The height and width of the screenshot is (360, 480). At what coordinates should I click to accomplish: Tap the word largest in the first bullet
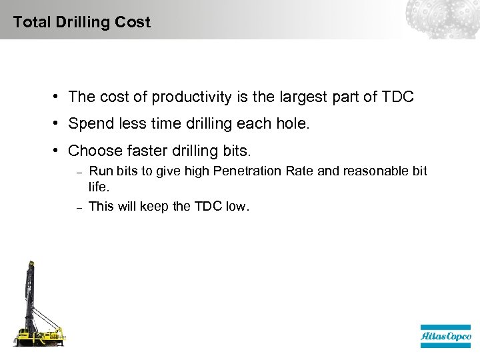[x=302, y=97]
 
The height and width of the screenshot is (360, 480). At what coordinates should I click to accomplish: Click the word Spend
[x=89, y=124]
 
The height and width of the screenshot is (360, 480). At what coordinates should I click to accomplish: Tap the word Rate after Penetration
[x=300, y=171]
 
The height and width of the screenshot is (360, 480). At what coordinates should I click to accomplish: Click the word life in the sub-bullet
[x=98, y=187]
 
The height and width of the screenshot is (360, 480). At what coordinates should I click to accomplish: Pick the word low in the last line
[x=236, y=207]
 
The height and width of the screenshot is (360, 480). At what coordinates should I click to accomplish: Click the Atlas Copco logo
[x=445, y=336]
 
